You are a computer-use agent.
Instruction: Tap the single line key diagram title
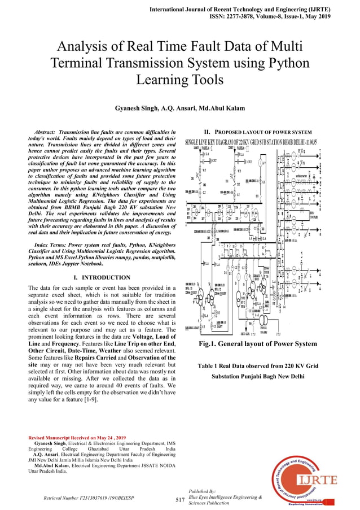[x=251, y=141]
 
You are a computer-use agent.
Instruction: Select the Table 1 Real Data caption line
[x=257, y=366]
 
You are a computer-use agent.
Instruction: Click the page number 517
[x=180, y=500]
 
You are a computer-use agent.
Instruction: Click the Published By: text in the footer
[x=200, y=492]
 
